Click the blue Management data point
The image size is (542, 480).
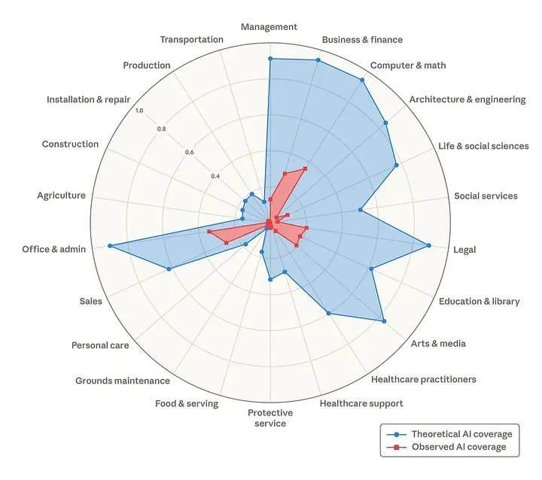point(270,59)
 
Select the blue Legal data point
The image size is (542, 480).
point(429,245)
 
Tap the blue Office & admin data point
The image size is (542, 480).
point(110,246)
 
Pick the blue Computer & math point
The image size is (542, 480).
point(362,80)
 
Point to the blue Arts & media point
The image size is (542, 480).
point(384,321)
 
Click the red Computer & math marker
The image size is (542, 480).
point(305,169)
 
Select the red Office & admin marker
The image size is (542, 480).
point(209,232)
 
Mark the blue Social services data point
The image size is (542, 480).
point(360,210)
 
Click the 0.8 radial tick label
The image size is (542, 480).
point(161,129)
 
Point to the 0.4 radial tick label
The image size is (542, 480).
point(215,176)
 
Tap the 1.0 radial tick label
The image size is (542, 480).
point(139,111)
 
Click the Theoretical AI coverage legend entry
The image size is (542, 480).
point(449,434)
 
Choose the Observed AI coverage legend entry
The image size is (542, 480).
point(446,447)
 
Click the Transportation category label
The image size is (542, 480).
point(191,39)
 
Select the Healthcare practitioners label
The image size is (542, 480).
point(423,379)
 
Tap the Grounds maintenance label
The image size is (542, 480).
point(123,381)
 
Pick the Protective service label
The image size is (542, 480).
point(270,418)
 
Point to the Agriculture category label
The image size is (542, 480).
point(61,196)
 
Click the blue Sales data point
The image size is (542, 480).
point(169,269)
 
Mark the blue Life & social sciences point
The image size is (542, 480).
point(397,166)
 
